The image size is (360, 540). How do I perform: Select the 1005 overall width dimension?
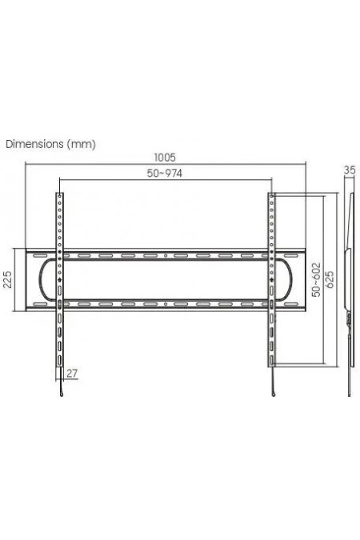pyautogui.click(x=165, y=158)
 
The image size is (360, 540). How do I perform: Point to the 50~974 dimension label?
pyautogui.click(x=165, y=174)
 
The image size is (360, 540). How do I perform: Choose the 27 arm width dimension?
pyautogui.click(x=73, y=373)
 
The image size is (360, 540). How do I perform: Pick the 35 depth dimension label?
pyautogui.click(x=349, y=170)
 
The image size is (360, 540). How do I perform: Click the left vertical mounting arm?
pyautogui.click(x=60, y=336)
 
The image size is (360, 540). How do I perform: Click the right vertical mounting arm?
pyautogui.click(x=272, y=336)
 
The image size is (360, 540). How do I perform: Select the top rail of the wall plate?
pyautogui.click(x=166, y=255)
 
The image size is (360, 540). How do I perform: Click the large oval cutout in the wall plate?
pyautogui.click(x=166, y=280)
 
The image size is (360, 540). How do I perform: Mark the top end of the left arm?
pyautogui.click(x=60, y=194)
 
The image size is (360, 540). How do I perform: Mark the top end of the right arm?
pyautogui.click(x=272, y=194)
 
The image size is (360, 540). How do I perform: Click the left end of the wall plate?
pyautogui.click(x=29, y=280)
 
